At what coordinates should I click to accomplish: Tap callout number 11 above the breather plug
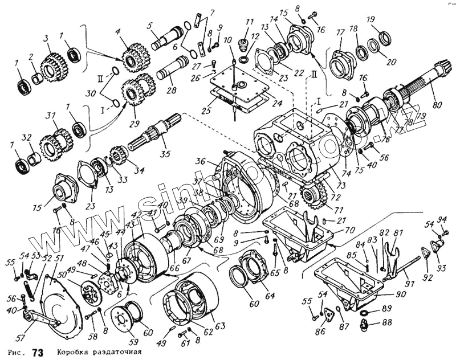(249, 22)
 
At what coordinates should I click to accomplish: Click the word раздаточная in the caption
(114, 351)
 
